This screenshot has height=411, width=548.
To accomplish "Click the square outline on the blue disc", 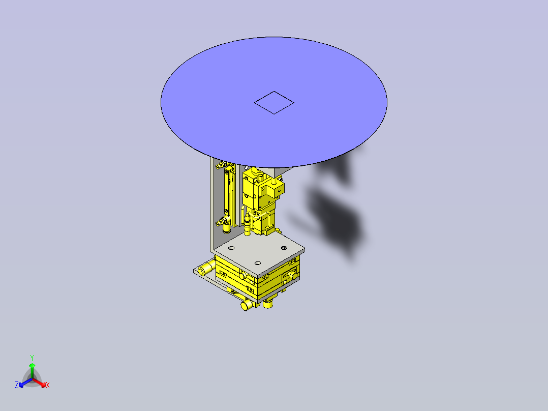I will [x=274, y=103].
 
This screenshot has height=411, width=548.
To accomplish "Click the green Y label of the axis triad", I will [x=32, y=358].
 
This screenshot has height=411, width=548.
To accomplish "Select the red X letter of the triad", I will [x=48, y=386].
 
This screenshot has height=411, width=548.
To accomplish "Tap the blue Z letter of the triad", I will [x=17, y=386].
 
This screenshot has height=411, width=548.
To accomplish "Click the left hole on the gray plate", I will [x=231, y=248].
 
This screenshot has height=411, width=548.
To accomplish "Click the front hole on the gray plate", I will [x=258, y=263].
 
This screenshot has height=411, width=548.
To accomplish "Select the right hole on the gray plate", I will [x=284, y=248].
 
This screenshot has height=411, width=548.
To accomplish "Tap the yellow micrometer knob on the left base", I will [x=206, y=268].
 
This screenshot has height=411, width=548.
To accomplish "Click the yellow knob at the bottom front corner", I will [x=246, y=305].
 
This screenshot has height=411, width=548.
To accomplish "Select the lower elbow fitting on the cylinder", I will [x=222, y=221].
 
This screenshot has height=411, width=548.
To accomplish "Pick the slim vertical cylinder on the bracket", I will [x=228, y=193].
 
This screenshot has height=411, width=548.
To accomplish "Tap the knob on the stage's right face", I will [x=293, y=275].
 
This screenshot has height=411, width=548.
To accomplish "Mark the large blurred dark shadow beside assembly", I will [x=336, y=214].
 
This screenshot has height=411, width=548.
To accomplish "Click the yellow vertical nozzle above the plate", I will [x=248, y=225].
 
